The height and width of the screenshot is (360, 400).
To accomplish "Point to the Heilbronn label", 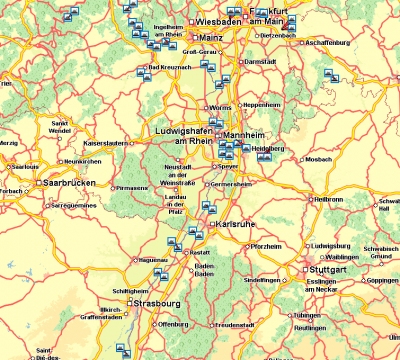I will [x=329, y=199].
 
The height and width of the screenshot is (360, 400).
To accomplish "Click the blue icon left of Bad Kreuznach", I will [x=141, y=69].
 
